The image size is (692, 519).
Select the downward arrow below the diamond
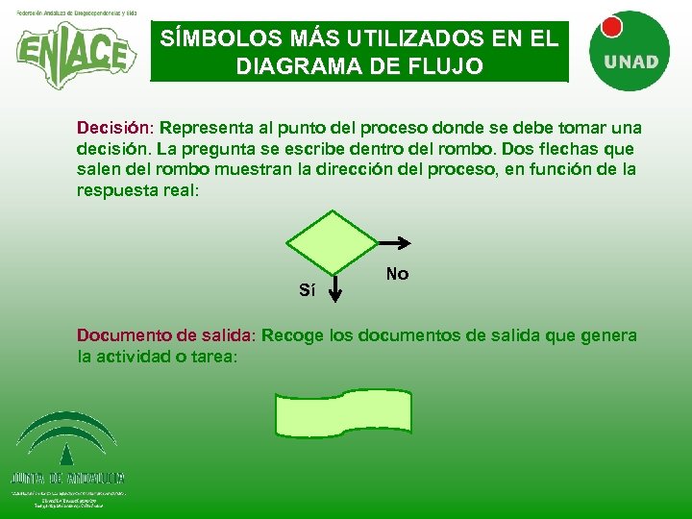point(334,287)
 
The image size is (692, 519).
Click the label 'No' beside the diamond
point(397,274)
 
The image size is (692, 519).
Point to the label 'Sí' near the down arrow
point(307,289)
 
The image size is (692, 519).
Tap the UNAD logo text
point(630,62)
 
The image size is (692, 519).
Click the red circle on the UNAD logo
point(608,27)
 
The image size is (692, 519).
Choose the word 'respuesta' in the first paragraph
point(118,190)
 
